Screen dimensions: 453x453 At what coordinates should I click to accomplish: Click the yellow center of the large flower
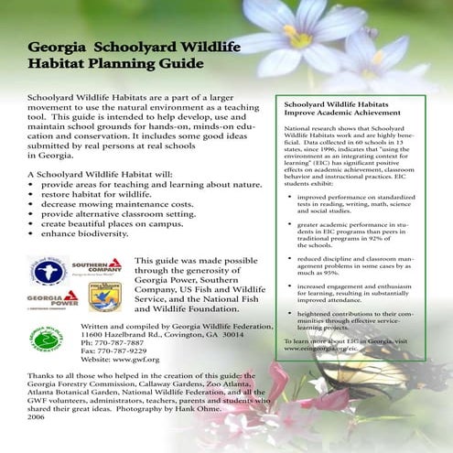click(298, 36)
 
